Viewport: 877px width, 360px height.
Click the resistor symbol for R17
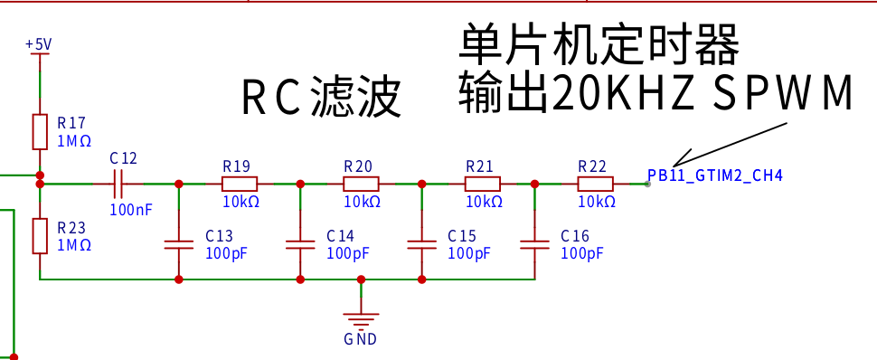(x=40, y=132)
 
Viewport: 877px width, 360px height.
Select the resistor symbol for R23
(x=40, y=236)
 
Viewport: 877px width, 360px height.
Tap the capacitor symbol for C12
(x=118, y=184)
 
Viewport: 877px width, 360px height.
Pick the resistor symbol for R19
(x=240, y=184)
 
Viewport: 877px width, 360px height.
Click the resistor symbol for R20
(x=361, y=184)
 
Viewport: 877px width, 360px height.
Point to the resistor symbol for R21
(x=482, y=184)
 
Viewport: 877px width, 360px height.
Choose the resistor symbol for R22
(x=595, y=184)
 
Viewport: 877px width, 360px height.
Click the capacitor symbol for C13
(x=179, y=244)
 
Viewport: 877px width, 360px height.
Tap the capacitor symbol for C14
(x=300, y=244)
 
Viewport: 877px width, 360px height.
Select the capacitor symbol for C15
(x=421, y=244)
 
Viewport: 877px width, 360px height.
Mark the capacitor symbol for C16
(x=534, y=244)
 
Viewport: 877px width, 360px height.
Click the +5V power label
(x=39, y=44)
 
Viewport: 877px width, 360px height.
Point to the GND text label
(x=360, y=338)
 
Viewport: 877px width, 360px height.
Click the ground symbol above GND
(x=361, y=319)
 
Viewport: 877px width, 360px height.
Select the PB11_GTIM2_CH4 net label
(x=715, y=175)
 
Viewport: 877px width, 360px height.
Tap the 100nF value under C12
(x=131, y=210)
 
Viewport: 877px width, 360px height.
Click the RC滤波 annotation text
(x=321, y=98)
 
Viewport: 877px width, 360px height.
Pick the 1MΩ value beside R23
(x=74, y=245)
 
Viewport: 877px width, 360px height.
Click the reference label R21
(x=479, y=166)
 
